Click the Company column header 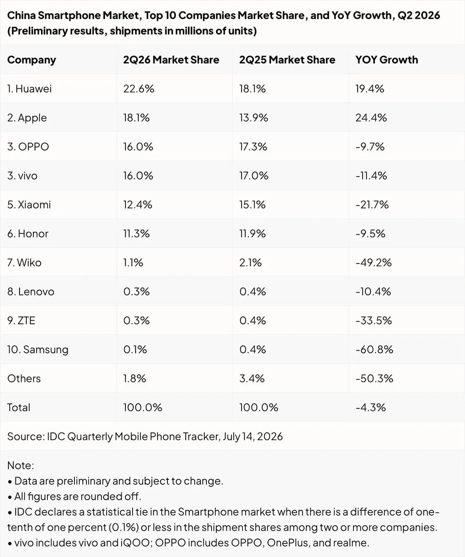tap(31, 60)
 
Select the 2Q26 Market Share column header tap(171, 60)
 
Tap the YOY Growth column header tap(387, 60)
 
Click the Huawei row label tap(29, 89)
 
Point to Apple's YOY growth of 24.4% tap(371, 118)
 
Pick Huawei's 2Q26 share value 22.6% tap(139, 89)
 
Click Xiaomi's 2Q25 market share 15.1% tap(252, 204)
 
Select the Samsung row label tap(38, 349)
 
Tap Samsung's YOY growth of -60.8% tap(374, 349)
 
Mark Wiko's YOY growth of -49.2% tap(374, 263)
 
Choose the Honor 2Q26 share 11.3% tap(136, 234)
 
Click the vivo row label tap(22, 176)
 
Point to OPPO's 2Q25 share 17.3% tap(253, 147)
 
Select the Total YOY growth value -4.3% tap(371, 407)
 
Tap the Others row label tap(24, 378)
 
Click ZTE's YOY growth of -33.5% tap(374, 320)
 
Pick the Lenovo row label tap(31, 292)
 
